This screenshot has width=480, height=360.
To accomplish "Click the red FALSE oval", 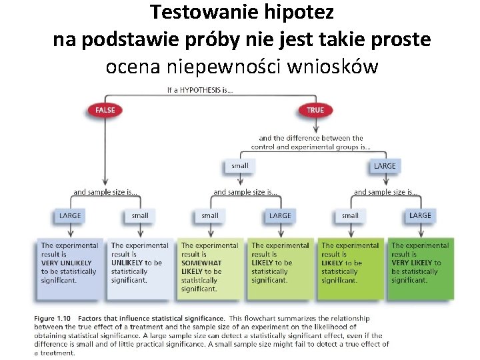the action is tap(105, 110).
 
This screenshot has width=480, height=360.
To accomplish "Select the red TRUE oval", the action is tap(315, 110).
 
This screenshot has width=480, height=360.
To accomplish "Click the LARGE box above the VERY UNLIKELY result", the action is tap(70, 215).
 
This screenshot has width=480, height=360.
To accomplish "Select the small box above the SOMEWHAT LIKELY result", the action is tap(210, 215).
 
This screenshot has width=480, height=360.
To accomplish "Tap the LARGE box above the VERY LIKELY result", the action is tap(420, 215).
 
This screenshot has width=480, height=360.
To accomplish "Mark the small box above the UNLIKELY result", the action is tap(140, 215).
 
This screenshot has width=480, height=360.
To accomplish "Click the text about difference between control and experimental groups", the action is tap(311, 143).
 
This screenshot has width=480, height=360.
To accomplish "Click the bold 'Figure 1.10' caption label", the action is tap(54, 319).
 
